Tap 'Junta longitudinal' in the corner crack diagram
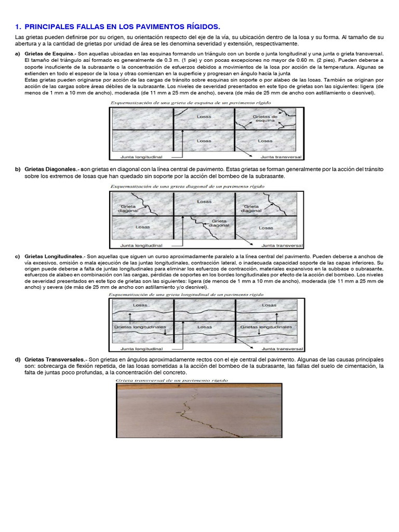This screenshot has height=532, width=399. pyautogui.click(x=141, y=155)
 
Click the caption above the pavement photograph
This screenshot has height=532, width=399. pyautogui.click(x=168, y=380)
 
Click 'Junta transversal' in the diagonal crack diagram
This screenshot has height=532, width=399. pyautogui.click(x=282, y=245)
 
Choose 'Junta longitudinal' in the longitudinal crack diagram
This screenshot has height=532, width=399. pyautogui.click(x=141, y=349)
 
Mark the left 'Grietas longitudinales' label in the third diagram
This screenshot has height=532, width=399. pyautogui.click(x=140, y=327)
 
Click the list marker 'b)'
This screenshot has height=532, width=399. pyautogui.click(x=18, y=169)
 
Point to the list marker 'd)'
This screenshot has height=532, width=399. pyautogui.click(x=18, y=359)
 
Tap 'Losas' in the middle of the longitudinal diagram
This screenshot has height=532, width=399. pyautogui.click(x=205, y=327)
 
